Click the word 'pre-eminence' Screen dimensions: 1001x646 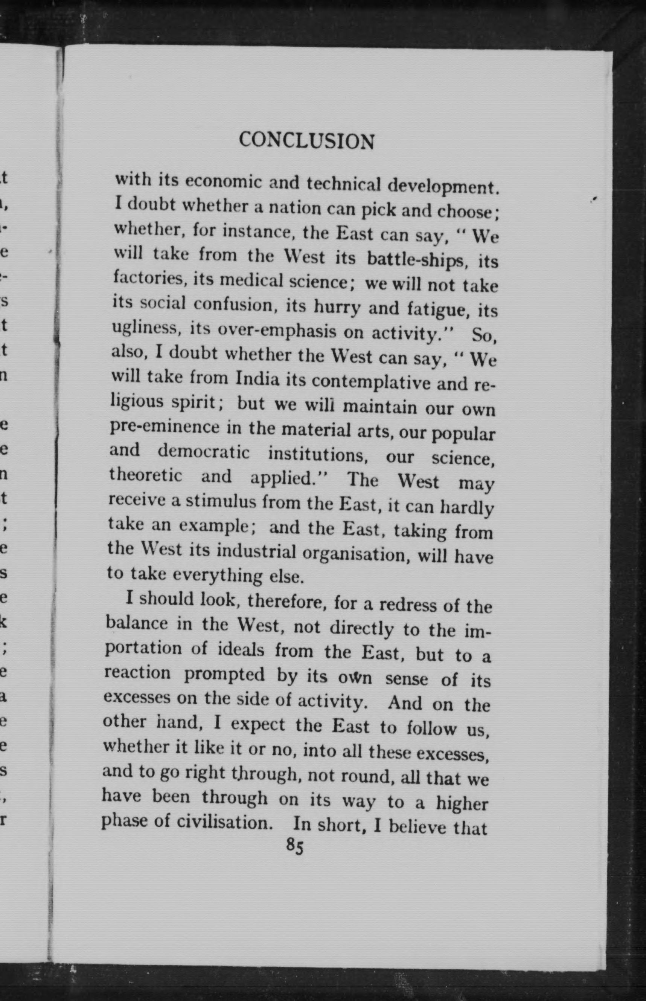164,427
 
